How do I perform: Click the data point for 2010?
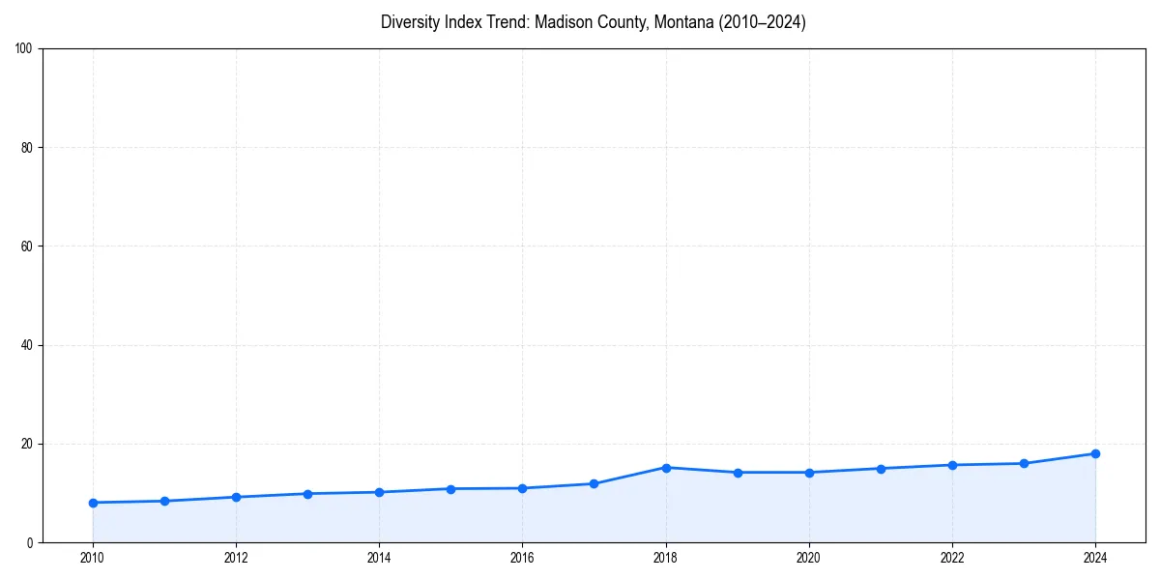93,503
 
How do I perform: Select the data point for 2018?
666,468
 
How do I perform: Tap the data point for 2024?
1095,453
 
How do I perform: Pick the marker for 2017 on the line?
594,483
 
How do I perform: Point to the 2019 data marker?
738,473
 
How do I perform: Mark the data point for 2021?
881,469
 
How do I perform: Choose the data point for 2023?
1024,463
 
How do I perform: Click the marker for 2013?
307,494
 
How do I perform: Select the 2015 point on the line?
450,489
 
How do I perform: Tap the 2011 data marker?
164,501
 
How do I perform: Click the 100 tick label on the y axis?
24,49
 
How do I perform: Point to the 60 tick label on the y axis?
27,246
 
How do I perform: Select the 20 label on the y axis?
27,444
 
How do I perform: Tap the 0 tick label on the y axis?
30,543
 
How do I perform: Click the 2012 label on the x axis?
236,558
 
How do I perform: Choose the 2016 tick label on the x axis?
522,558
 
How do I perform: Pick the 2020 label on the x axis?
809,558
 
